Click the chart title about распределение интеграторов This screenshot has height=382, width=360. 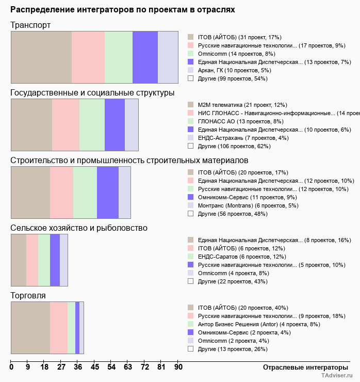[x=123, y=10]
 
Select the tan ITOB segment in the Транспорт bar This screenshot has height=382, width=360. [x=41, y=57]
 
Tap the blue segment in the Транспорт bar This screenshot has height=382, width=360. [x=145, y=57]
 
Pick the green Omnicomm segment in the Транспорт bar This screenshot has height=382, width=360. [x=119, y=57]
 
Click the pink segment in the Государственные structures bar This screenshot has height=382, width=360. [x=66, y=124]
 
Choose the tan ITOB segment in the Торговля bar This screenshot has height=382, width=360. [x=30, y=328]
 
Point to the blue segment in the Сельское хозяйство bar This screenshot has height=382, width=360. [x=55, y=260]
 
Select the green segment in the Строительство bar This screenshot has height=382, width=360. [x=85, y=193]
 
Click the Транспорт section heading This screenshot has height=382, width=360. [x=30, y=25]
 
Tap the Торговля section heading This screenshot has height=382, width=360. [x=28, y=296]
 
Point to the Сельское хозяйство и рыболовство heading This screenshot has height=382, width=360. [x=79, y=228]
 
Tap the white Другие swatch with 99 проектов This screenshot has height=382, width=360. [x=190, y=78]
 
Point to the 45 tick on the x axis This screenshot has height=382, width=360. [x=95, y=367]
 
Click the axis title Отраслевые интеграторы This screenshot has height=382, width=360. [x=302, y=367]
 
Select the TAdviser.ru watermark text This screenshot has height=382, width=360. [x=336, y=376]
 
